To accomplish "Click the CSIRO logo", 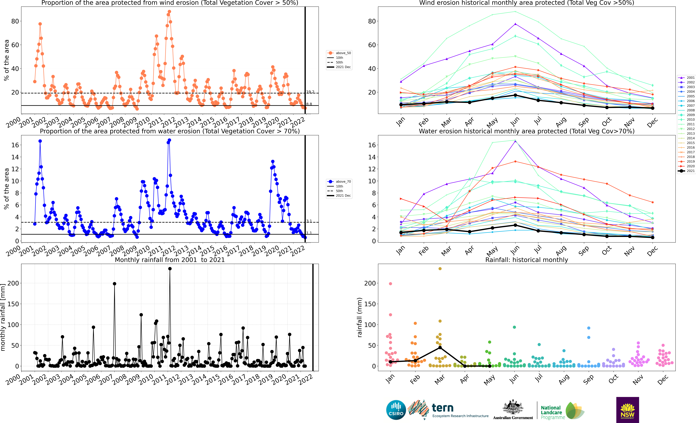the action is point(396,410).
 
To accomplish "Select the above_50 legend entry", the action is point(339,53).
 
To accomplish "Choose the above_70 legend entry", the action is point(339,182).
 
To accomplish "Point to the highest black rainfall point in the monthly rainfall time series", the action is point(170,269).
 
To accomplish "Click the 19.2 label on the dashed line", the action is point(310,92).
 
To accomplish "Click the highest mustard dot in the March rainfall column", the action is point(440,269).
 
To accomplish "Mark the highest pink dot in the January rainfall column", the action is point(390,284).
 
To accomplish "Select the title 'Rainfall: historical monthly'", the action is point(527,260).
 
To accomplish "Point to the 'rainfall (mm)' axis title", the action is point(359,317).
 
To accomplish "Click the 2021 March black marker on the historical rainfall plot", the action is point(440,348).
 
